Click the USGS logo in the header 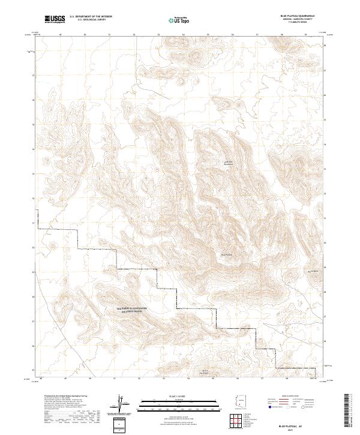point(54,19)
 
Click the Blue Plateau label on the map point(227,255)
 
